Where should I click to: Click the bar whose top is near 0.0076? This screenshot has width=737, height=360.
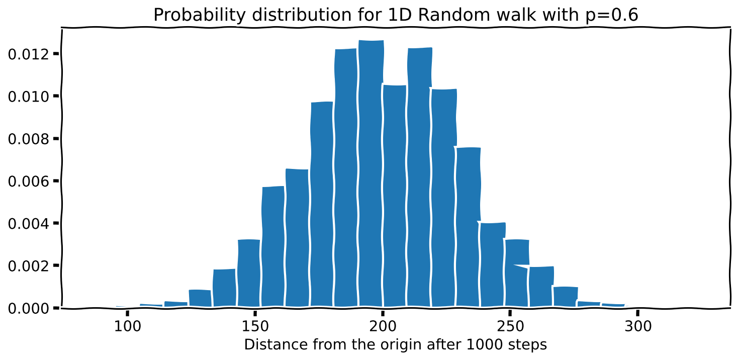click(468, 226)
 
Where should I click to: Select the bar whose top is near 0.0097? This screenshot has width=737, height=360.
click(322, 204)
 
